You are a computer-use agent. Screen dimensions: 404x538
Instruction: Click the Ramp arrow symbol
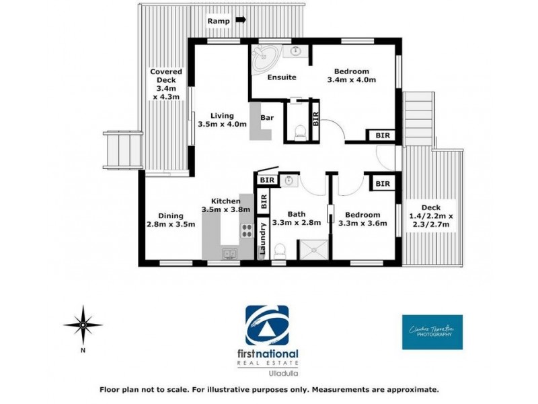point(240,22)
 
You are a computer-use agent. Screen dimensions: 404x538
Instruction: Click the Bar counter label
point(267,119)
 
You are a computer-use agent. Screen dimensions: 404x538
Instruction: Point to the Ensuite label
point(282,77)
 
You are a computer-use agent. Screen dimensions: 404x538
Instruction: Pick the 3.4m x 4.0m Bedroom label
point(351,76)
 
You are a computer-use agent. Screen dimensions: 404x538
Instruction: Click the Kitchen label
point(227,205)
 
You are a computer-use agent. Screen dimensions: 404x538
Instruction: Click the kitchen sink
point(231,253)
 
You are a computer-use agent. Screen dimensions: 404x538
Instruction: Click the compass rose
point(83,325)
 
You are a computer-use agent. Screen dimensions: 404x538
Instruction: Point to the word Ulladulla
point(272,372)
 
